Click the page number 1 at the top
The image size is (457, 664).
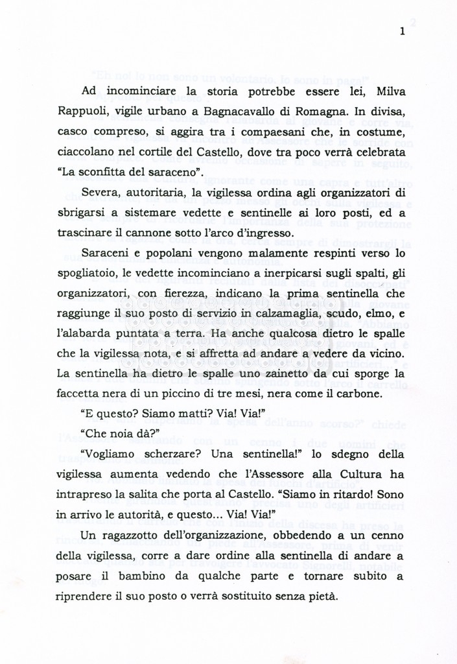point(403,30)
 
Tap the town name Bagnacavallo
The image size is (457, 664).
point(244,111)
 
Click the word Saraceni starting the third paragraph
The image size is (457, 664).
point(108,252)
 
